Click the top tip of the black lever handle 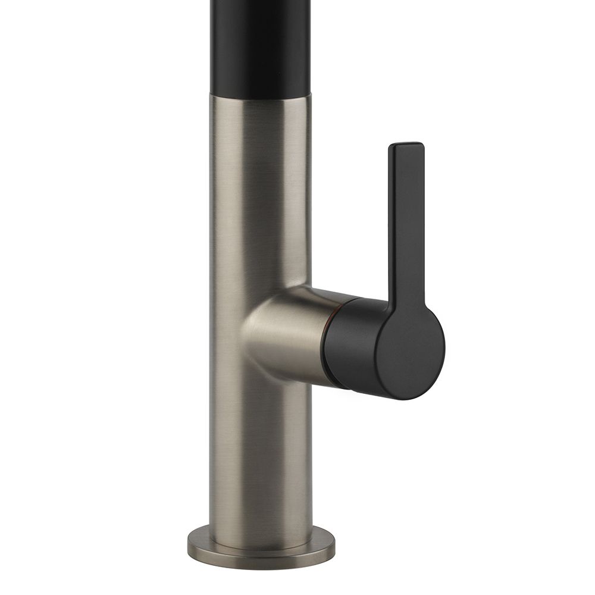[406, 146]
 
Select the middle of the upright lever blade [406, 226]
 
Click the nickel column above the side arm [261, 190]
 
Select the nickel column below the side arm [261, 452]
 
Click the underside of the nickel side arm [292, 372]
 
